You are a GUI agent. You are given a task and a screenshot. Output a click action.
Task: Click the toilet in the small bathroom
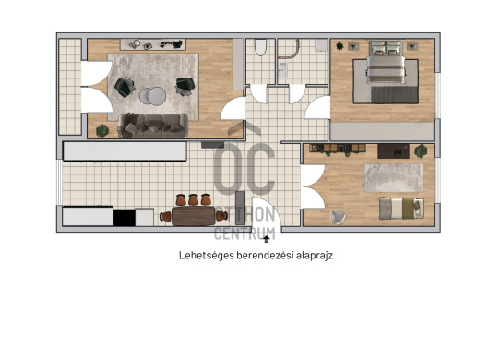(260, 47)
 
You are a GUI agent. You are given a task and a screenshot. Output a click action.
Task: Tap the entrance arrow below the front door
(267, 239)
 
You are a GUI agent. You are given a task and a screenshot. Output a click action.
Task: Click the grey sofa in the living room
(153, 126)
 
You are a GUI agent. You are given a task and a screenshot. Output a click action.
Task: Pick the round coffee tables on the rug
(152, 96)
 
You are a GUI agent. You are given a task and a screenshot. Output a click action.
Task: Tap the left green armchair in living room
(125, 87)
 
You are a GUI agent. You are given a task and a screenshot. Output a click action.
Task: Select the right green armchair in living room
(185, 86)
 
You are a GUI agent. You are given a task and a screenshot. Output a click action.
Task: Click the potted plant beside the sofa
(102, 131)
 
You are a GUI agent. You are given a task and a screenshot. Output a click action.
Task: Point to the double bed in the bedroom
(386, 63)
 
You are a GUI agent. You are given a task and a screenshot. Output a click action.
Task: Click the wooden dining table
(194, 216)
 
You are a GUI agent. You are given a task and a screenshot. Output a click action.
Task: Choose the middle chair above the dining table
(193, 199)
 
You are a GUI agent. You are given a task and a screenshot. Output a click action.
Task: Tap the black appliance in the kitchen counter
(125, 217)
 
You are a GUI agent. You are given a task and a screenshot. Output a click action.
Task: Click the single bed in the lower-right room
(401, 208)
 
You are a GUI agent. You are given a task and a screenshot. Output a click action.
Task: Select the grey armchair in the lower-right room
(338, 217)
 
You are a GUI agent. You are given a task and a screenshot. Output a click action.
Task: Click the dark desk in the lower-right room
(393, 151)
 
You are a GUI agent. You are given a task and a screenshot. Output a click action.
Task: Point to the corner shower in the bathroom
(289, 49)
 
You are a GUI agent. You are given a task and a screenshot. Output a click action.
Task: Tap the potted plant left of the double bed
(340, 46)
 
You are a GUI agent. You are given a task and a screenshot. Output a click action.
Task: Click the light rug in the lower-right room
(394, 178)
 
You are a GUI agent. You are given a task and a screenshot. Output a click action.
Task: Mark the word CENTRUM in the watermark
(244, 234)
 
